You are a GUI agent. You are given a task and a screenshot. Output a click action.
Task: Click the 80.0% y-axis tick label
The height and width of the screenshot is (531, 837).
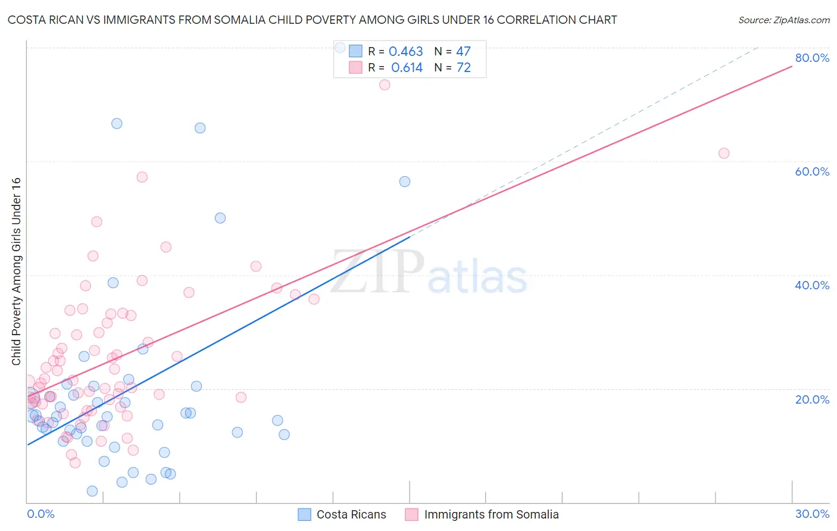[812, 58]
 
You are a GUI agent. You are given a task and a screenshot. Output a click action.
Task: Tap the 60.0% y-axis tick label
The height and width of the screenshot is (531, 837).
[812, 171]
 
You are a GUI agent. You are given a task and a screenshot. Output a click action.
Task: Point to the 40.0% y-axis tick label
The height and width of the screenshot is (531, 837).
[812, 285]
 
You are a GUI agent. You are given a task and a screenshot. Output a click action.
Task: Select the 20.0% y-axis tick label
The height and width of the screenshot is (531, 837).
[812, 399]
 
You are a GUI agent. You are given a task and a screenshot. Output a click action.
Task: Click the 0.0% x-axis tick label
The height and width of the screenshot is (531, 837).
[40, 514]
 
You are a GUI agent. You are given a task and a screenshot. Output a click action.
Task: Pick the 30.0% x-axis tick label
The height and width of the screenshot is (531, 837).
[812, 514]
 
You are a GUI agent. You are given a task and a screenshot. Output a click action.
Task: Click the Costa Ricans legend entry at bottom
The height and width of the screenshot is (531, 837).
[342, 514]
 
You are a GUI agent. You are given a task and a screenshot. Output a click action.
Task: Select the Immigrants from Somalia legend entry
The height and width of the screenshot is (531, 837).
[482, 514]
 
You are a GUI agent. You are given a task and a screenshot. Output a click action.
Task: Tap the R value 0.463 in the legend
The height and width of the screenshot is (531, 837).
[405, 52]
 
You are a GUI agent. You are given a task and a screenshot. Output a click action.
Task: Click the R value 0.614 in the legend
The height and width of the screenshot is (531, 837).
[407, 68]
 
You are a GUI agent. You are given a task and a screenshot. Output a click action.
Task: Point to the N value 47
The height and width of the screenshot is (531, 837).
[463, 52]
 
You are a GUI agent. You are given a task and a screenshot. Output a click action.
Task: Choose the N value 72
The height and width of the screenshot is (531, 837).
[463, 68]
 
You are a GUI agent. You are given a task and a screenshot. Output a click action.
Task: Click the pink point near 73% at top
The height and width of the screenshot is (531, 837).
[385, 85]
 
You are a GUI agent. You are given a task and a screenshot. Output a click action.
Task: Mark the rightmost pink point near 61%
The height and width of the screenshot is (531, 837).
[724, 153]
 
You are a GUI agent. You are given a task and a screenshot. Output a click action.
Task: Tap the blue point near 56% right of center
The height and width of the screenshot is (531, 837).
[405, 182]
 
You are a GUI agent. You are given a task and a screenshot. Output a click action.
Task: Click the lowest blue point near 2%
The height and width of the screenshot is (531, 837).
[92, 491]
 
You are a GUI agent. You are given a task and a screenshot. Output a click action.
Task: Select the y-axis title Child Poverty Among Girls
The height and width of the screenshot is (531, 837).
[16, 271]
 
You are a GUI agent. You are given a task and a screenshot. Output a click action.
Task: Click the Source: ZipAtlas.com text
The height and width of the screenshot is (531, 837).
[783, 20]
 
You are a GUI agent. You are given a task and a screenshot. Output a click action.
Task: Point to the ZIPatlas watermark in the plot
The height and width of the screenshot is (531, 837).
[429, 273]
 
